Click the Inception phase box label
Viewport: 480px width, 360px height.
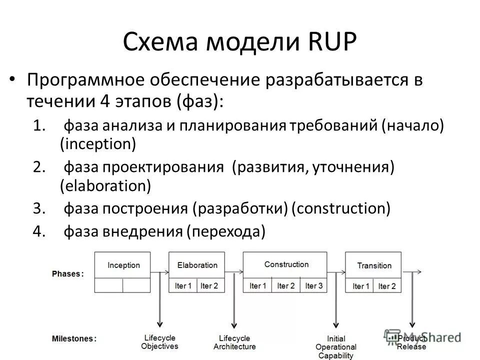[123, 265]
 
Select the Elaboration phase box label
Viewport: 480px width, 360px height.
[197, 265]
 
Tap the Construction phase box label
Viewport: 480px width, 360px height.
[286, 264]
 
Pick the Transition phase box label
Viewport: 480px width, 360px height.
[374, 265]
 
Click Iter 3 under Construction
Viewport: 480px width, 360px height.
[314, 285]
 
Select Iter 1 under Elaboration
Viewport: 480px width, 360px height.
[183, 285]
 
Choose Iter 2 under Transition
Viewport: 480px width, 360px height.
[387, 286]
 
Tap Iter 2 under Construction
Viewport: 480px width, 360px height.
[286, 285]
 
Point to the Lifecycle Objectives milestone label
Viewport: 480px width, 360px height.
[159, 342]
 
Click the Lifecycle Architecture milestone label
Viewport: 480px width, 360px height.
[234, 342]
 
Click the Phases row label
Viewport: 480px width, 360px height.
[67, 273]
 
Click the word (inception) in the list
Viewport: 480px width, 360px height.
[97, 144]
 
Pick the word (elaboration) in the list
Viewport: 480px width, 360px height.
[105, 186]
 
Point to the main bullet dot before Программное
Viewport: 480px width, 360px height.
[13, 80]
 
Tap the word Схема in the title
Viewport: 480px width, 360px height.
[158, 42]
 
